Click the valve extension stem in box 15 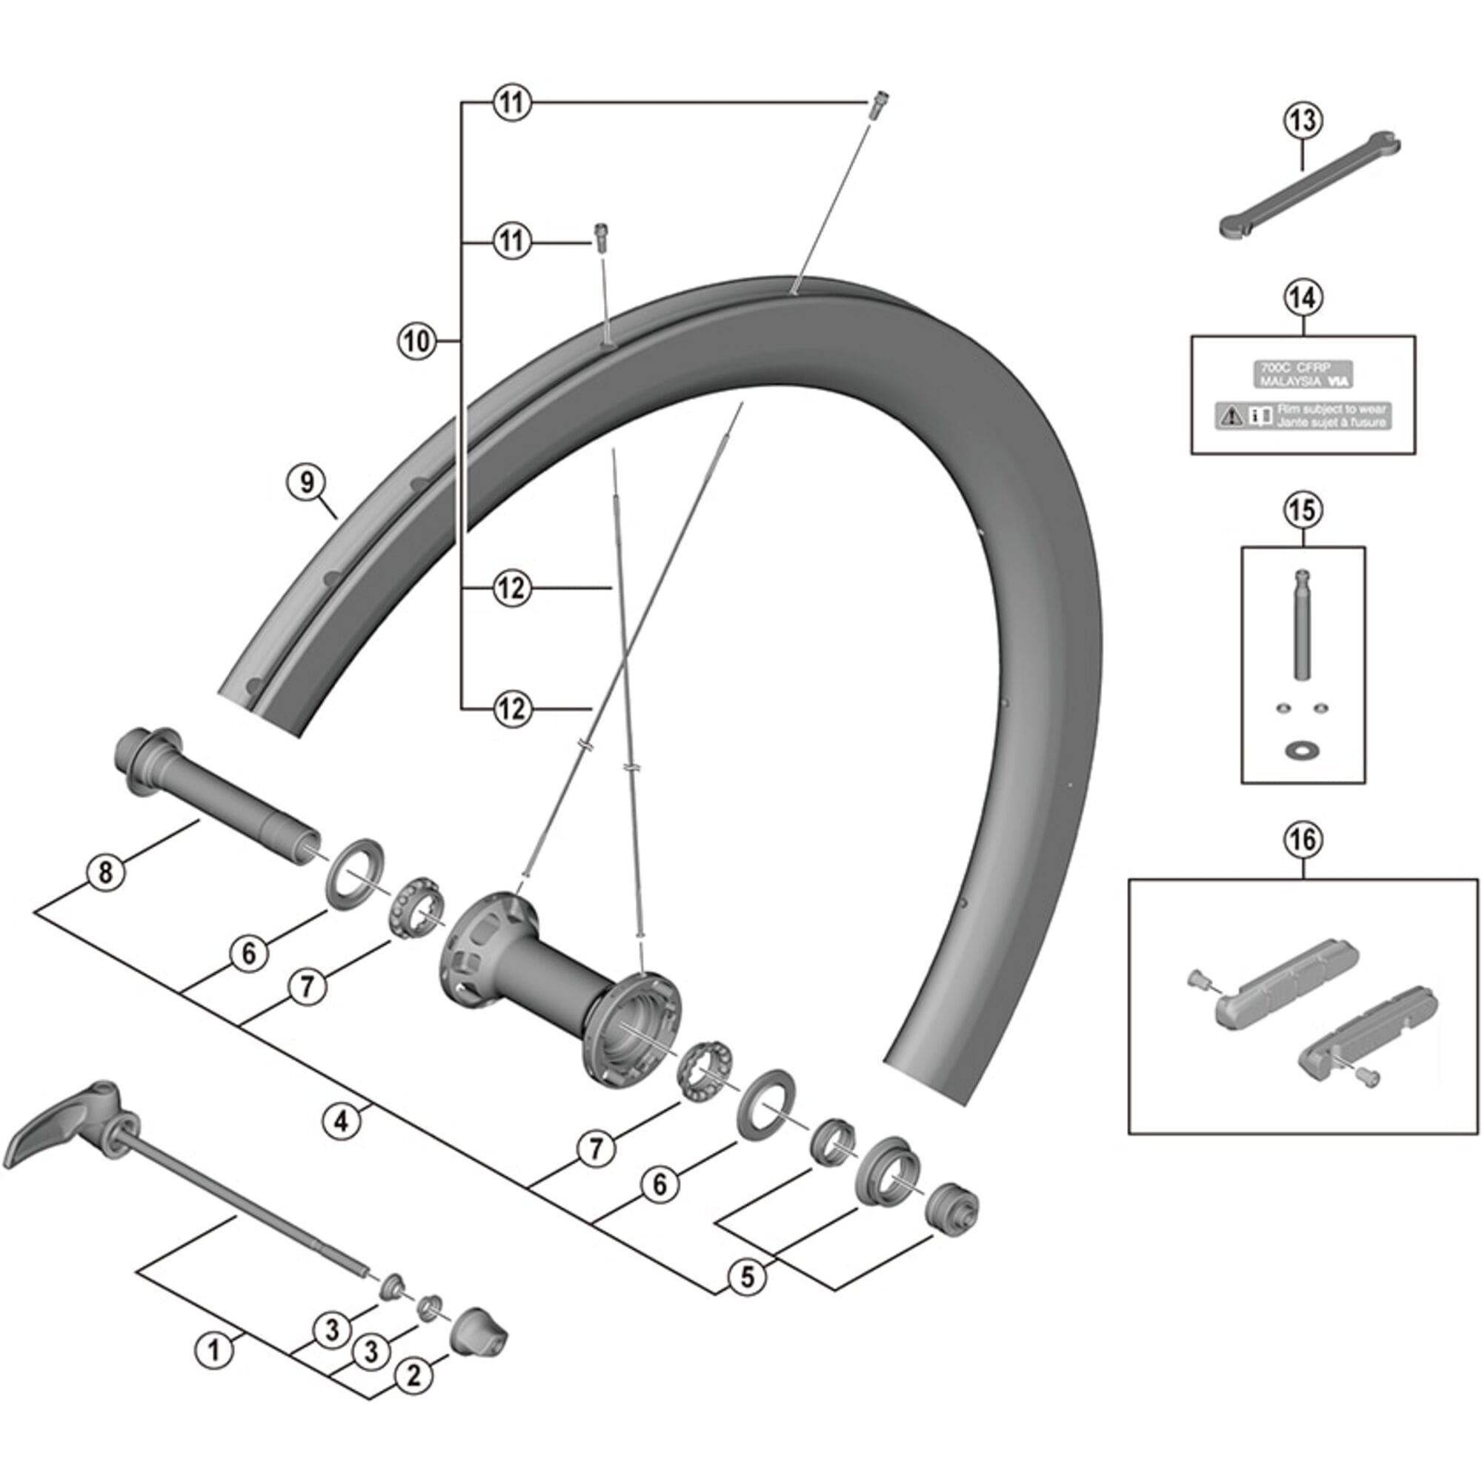pyautogui.click(x=1302, y=625)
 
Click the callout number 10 pyautogui.click(x=416, y=341)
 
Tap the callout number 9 pyautogui.click(x=307, y=482)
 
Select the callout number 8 pyautogui.click(x=106, y=872)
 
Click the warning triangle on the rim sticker pyautogui.click(x=1231, y=416)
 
